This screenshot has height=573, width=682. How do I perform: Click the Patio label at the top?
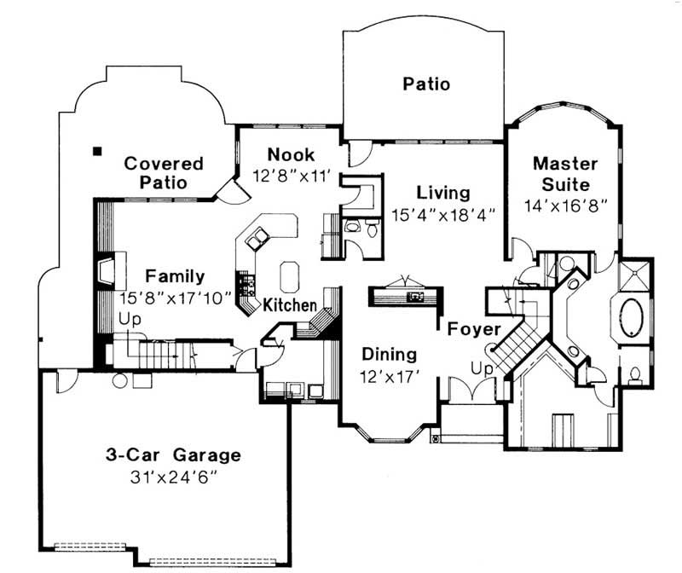pos(426,84)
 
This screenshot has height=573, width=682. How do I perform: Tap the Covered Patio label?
pos(164,172)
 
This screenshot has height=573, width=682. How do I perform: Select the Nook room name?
pos(291,154)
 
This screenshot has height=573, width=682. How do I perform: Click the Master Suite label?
pos(564,172)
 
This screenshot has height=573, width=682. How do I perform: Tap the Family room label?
pos(175,276)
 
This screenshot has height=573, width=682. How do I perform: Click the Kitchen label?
pos(290,304)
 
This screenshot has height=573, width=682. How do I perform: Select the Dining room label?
pos(389,354)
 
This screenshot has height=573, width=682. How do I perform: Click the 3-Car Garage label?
pos(173,454)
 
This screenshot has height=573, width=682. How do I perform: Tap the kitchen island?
pos(289,275)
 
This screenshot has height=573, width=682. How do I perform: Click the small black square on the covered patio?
pos(98,152)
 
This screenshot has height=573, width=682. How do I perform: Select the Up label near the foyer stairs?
pos(481,368)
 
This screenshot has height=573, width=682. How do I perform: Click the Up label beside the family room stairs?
pos(130,319)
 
